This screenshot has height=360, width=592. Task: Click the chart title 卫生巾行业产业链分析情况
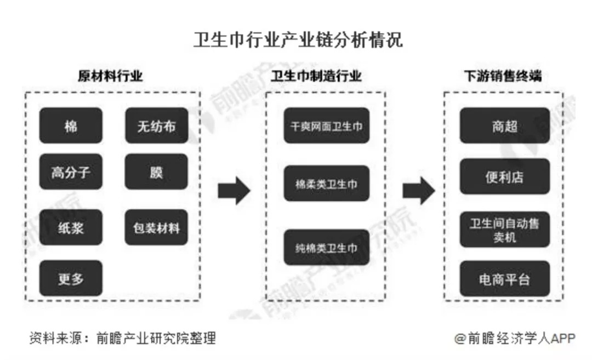click(x=298, y=40)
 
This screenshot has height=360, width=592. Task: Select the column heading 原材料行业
click(x=110, y=76)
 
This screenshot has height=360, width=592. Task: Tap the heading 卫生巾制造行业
click(x=316, y=76)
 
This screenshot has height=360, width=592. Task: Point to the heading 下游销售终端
click(x=503, y=76)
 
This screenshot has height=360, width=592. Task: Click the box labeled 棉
click(x=71, y=125)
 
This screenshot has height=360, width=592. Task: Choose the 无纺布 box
click(x=157, y=125)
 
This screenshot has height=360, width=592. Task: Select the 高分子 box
click(x=71, y=172)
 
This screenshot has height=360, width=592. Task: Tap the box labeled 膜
click(x=156, y=172)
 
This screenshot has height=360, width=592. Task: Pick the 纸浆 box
click(x=71, y=227)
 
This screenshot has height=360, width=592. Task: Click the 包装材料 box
click(x=156, y=227)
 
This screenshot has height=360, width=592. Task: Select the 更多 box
click(x=71, y=278)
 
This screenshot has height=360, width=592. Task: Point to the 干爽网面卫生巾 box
click(x=327, y=125)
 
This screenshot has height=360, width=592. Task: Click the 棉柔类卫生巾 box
click(x=327, y=184)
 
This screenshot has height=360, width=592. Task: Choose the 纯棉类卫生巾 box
click(x=327, y=247)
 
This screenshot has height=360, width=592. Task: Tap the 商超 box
click(x=505, y=125)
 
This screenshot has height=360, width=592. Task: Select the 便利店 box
click(x=505, y=176)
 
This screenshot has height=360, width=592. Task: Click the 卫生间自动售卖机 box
click(x=505, y=230)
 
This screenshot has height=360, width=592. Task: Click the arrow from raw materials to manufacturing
click(x=234, y=191)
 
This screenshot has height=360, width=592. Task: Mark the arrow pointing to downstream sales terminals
click(x=419, y=191)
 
